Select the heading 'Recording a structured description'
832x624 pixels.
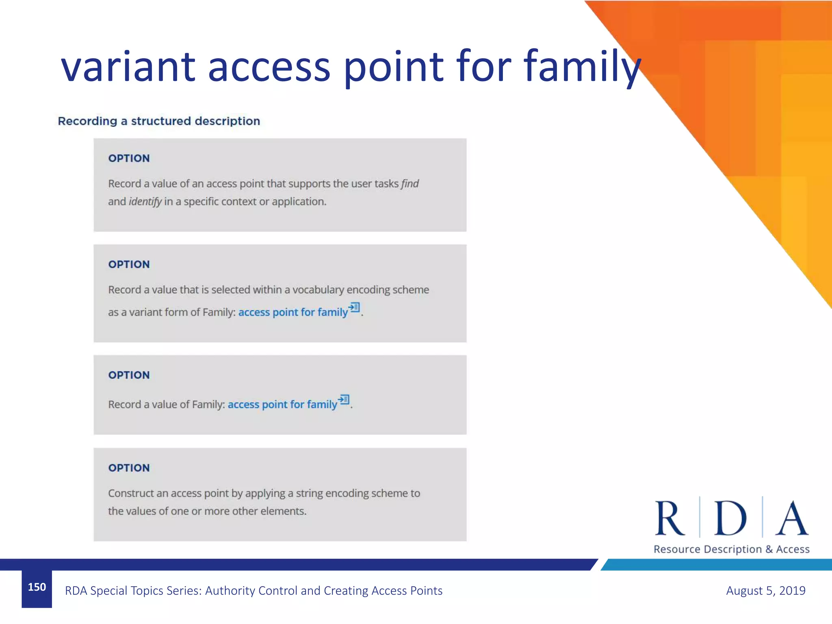tap(159, 121)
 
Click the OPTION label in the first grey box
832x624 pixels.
tap(129, 158)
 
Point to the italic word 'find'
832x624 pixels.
tap(410, 184)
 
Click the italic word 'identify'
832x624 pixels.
tap(145, 202)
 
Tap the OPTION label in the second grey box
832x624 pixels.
tap(129, 264)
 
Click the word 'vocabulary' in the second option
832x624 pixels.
tap(318, 290)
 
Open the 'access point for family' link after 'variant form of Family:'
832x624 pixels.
tap(293, 312)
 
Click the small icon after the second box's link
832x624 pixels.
tap(354, 308)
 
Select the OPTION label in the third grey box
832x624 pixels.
tap(129, 375)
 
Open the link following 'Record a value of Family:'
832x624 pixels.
tap(282, 405)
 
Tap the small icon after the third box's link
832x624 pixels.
tap(344, 400)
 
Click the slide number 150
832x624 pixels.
tap(37, 587)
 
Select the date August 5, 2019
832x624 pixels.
tap(765, 591)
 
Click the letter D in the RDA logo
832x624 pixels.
tap(730, 519)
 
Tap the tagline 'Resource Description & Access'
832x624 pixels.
tap(731, 549)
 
